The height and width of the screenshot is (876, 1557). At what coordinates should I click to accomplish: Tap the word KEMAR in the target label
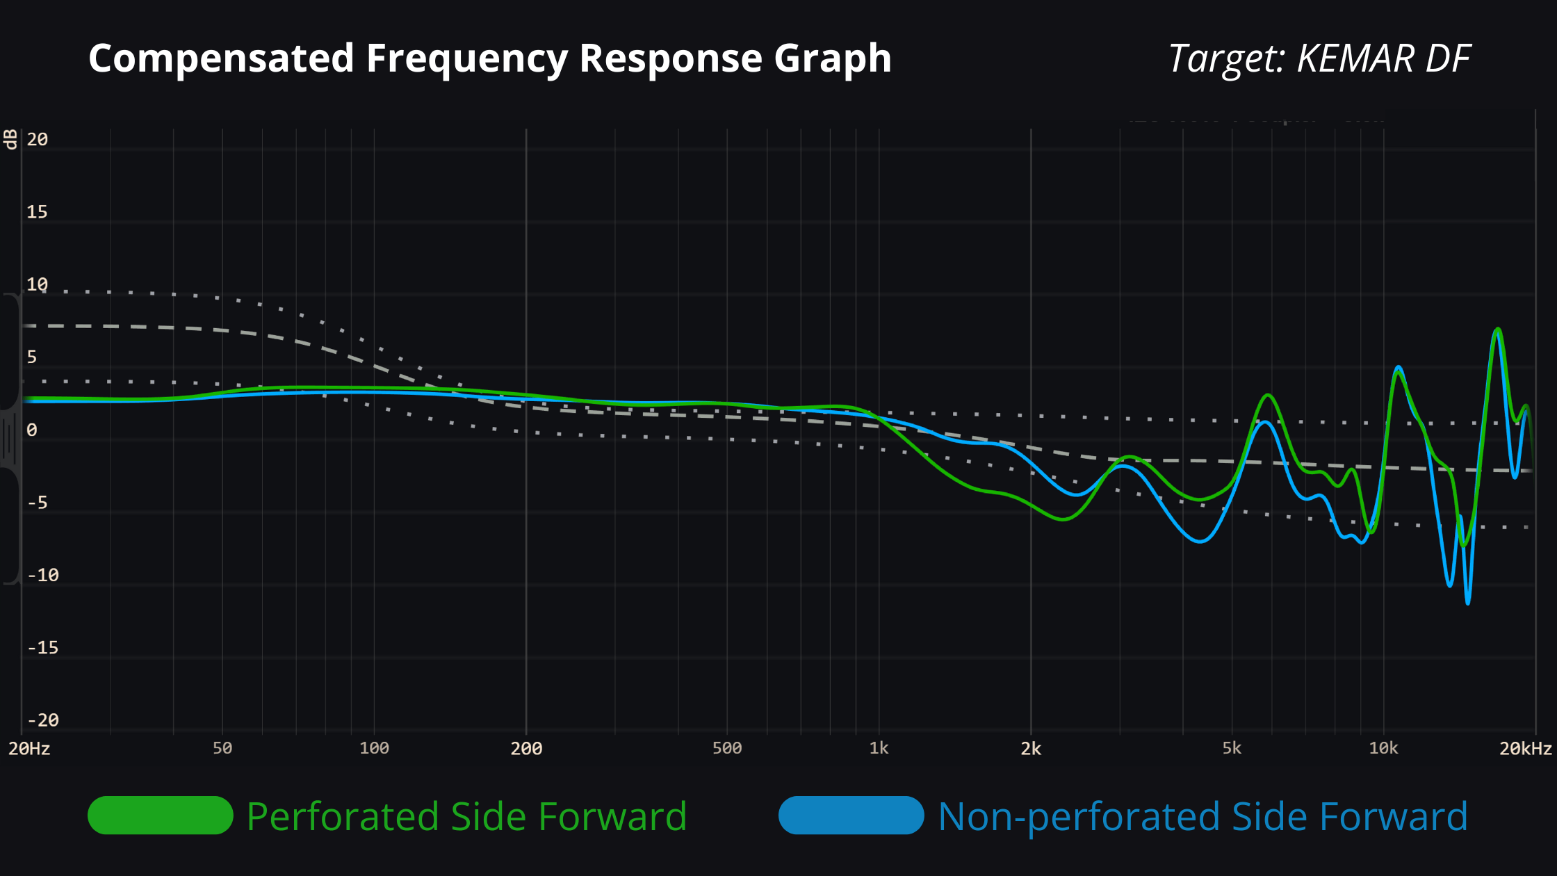(x=1355, y=58)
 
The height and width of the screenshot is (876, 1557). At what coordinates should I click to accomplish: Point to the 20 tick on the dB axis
(x=38, y=140)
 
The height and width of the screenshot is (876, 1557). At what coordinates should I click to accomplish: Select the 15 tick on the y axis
(x=38, y=212)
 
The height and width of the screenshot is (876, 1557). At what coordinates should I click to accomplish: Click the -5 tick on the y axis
(x=38, y=503)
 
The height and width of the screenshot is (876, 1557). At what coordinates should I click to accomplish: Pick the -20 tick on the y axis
(x=43, y=720)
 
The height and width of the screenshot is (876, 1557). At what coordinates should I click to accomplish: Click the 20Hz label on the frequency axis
(x=29, y=749)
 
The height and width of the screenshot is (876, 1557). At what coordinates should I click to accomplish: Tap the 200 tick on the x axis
(x=526, y=749)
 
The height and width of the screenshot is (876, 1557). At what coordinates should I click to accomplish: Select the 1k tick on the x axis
(x=879, y=749)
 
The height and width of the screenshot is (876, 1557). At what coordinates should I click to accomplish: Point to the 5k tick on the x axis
(x=1232, y=749)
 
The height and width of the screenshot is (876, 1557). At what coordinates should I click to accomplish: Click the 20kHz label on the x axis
(x=1526, y=749)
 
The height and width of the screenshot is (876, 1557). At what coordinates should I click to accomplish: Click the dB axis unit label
(x=10, y=139)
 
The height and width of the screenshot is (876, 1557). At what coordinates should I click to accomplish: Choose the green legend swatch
(x=160, y=816)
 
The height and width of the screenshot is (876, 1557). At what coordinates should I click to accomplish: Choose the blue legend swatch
(x=851, y=816)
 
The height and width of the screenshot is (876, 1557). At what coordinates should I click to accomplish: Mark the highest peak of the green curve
(x=1498, y=330)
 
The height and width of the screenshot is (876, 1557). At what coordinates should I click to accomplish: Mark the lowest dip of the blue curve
(x=1467, y=603)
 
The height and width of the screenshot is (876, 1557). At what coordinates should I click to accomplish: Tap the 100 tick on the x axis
(x=374, y=749)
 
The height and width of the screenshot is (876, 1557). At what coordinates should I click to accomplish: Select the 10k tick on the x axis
(x=1383, y=749)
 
